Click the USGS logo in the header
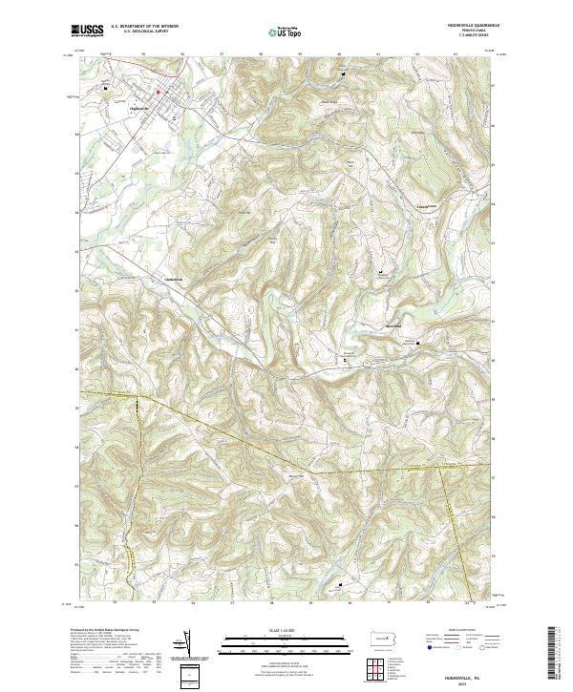[x=87, y=31]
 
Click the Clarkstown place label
[x=174, y=279]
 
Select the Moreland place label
[x=393, y=326]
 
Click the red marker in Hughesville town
[x=158, y=92]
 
